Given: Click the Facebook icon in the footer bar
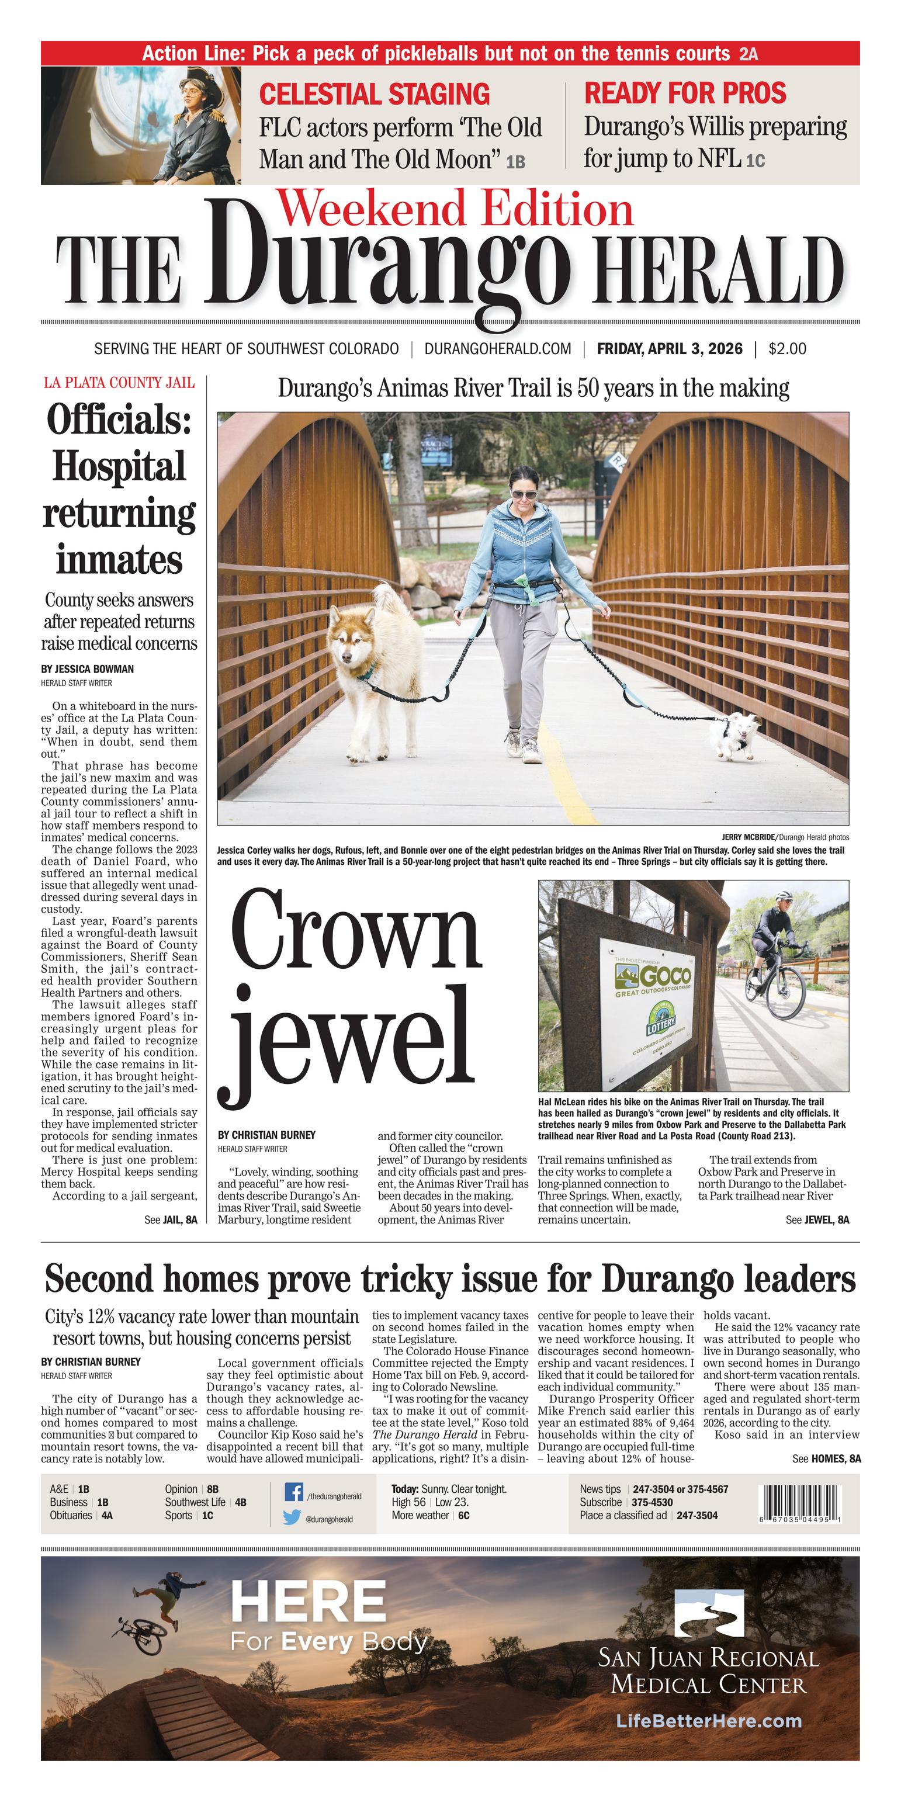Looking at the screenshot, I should tap(294, 1493).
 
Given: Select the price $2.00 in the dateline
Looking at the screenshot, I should tap(787, 348).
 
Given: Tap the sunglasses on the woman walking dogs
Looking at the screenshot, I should tap(525, 494).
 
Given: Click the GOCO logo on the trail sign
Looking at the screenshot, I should tap(653, 975).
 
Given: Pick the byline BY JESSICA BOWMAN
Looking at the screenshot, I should tap(88, 669).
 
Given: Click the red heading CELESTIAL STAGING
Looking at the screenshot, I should tap(375, 93).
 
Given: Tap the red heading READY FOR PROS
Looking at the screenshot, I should tap(685, 93).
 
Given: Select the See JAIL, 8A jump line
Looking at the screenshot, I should tap(171, 1220).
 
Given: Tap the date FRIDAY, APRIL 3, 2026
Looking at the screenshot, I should tap(670, 348).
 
